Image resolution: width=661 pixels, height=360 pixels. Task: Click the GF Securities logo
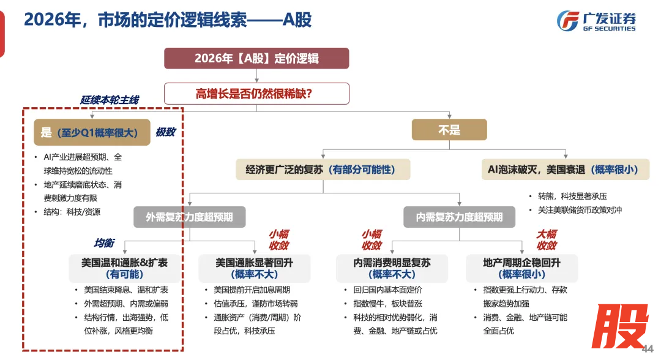click(x=596, y=21)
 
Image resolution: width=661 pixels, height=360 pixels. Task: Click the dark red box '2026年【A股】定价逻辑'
click(x=256, y=59)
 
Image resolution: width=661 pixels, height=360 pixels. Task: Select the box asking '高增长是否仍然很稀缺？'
click(x=256, y=94)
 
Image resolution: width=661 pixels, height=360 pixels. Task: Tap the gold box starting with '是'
click(x=92, y=132)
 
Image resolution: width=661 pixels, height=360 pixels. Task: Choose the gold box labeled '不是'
click(x=449, y=130)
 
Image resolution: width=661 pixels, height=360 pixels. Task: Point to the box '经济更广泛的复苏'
click(x=323, y=170)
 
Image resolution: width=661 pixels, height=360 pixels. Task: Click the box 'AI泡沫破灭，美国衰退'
click(x=564, y=170)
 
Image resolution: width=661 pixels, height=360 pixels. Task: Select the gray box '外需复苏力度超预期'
click(x=190, y=217)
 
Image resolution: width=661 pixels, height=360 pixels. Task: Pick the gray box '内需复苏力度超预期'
click(x=460, y=217)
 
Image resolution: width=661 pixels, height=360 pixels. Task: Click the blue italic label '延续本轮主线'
click(x=110, y=100)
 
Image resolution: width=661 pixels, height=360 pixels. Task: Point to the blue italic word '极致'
click(x=165, y=132)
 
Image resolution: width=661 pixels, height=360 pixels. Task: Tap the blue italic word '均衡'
click(x=103, y=243)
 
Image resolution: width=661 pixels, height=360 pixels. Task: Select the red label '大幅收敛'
click(x=546, y=240)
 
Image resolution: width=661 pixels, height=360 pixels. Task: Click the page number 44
click(x=648, y=348)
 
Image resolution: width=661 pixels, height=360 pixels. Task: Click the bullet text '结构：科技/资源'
click(x=72, y=212)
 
